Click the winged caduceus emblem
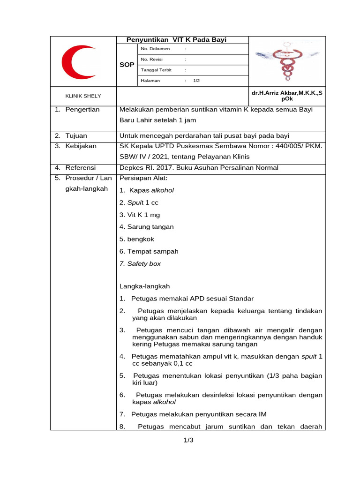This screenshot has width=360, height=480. tap(285, 60)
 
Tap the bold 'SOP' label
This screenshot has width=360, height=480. tap(127, 64)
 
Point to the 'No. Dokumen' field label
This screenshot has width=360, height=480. tap(155, 49)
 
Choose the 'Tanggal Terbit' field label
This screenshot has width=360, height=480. tap(156, 70)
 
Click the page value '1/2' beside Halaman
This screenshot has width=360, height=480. tap(196, 81)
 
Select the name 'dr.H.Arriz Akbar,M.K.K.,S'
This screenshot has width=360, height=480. tap(287, 93)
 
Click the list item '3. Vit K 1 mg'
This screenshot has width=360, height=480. tap(139, 215)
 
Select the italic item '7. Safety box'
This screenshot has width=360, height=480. tap(140, 263)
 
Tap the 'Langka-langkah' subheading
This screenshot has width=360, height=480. tap(144, 286)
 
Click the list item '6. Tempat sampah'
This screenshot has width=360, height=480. tap(149, 251)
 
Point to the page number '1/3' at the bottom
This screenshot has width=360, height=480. tap(189, 440)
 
